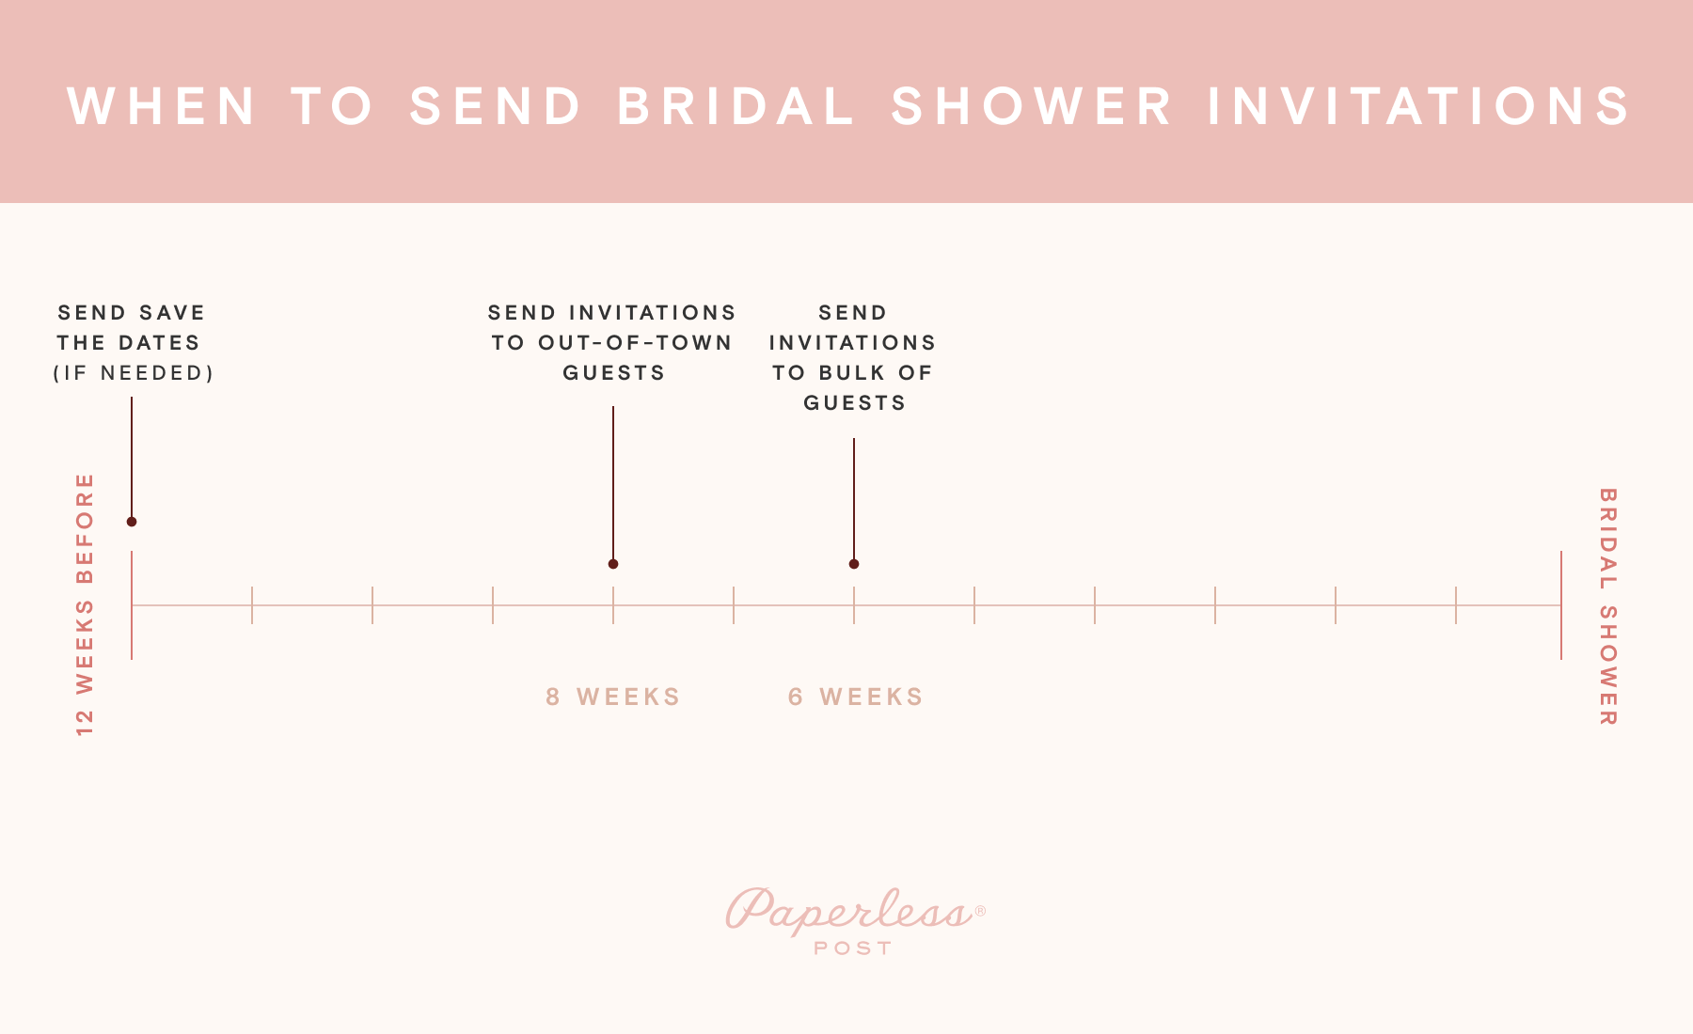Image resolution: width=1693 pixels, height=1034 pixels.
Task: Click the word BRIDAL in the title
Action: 736,105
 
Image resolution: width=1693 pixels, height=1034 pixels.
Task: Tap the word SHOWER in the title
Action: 1032,105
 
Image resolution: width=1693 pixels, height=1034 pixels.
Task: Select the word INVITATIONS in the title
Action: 1419,105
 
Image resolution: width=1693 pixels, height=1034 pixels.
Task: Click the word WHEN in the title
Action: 162,105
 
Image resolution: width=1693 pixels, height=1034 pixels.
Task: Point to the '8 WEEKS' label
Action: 613,697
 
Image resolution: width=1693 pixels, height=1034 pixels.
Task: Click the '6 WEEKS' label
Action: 856,697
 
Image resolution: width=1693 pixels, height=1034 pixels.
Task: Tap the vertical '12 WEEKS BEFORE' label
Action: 86,604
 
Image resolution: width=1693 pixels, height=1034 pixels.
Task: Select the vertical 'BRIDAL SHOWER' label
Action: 1607,606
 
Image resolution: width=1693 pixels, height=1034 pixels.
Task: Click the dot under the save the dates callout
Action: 132,522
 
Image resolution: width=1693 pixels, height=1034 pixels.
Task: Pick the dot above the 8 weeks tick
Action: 613,564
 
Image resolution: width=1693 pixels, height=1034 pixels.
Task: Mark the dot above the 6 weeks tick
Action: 854,564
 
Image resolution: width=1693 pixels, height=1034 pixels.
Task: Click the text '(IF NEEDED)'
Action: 134,373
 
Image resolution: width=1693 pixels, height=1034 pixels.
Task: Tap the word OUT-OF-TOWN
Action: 635,343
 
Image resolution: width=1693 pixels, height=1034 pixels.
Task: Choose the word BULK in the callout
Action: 852,373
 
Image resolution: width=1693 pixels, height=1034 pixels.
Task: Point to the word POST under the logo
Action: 853,948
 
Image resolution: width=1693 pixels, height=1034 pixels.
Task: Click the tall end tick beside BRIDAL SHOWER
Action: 1561,604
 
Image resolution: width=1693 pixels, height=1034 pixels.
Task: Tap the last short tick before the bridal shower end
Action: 1456,604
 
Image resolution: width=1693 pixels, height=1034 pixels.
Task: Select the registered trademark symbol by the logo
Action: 980,911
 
